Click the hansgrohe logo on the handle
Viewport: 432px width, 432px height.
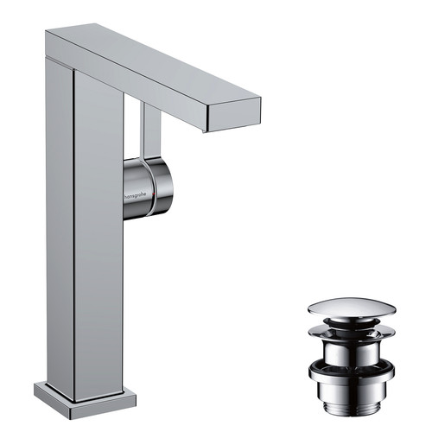135,196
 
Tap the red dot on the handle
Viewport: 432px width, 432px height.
154,194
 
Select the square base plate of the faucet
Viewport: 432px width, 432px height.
85,401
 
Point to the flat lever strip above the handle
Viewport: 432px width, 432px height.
152,130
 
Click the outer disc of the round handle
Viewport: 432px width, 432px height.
163,187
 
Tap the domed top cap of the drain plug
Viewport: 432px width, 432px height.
352,309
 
